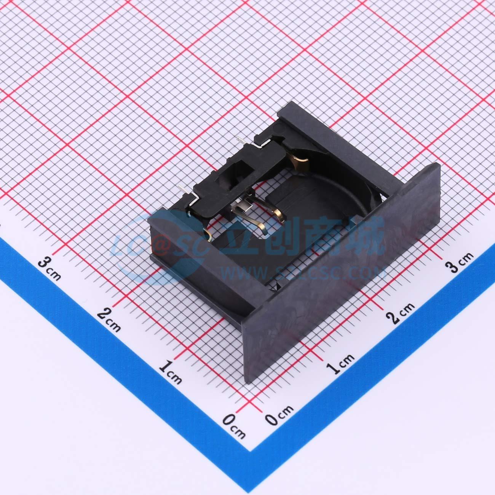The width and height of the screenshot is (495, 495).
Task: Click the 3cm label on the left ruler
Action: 50,270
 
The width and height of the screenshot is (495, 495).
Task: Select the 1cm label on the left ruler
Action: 170,372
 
